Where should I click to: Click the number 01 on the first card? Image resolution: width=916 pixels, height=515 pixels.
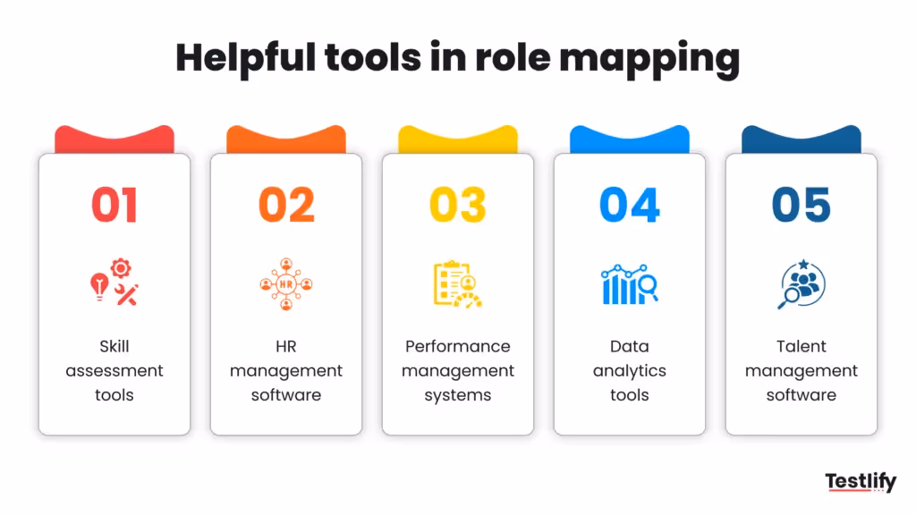(x=114, y=205)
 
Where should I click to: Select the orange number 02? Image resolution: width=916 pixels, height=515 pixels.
(x=286, y=205)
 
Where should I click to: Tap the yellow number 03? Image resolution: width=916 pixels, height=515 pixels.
(x=458, y=205)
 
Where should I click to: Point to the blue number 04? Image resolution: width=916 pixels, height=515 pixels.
(x=630, y=205)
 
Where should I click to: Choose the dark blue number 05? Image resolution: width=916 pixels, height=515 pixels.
(x=801, y=205)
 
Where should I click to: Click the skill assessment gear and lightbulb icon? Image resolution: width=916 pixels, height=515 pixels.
(x=114, y=283)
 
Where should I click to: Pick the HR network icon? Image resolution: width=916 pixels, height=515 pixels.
(x=286, y=284)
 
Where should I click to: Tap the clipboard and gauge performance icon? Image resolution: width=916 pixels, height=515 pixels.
(x=457, y=284)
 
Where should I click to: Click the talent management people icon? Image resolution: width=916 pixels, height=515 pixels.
(x=801, y=284)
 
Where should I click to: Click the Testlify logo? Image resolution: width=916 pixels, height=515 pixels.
(x=860, y=483)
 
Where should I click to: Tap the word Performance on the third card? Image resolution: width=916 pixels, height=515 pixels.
(x=458, y=346)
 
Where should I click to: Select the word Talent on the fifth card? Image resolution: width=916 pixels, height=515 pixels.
(x=801, y=346)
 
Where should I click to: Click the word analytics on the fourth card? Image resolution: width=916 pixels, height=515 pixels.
(x=630, y=371)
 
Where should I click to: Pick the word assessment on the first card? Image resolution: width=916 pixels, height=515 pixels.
(x=114, y=371)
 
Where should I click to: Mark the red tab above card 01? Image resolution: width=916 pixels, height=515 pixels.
(x=114, y=139)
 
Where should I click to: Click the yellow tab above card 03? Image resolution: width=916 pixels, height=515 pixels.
(x=458, y=139)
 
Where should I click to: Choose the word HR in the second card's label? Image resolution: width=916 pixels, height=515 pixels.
(x=286, y=346)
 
